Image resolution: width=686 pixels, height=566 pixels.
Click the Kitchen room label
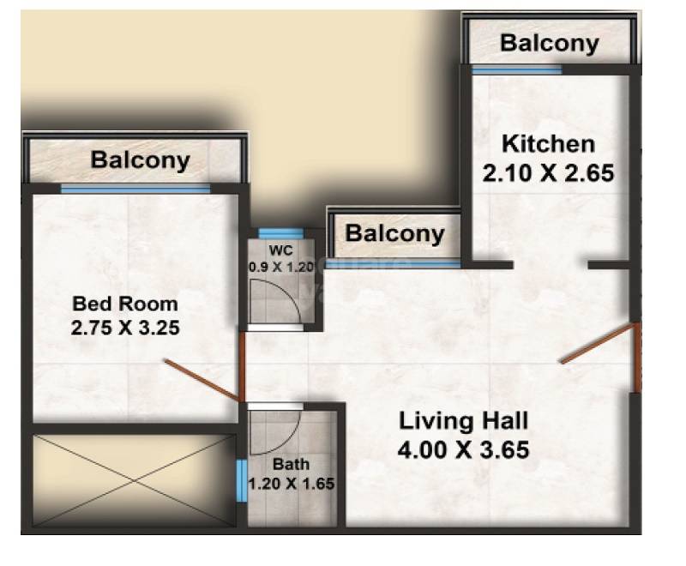coord(548,143)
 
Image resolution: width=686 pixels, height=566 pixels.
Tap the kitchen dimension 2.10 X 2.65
coord(548,174)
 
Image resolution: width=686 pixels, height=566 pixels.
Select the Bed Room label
coord(125,303)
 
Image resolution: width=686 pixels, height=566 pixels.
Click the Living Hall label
coord(463,421)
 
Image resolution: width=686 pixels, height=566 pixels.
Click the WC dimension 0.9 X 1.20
coord(281,267)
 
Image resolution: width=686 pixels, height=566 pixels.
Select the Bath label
coord(291,465)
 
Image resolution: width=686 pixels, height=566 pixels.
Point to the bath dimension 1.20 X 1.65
coord(291,484)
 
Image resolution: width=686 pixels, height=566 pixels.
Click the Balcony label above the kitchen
coord(549,43)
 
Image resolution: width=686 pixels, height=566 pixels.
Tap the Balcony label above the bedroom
coord(141,160)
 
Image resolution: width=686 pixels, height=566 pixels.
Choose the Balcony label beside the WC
coord(395,233)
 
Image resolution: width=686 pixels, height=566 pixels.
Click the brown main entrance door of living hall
coord(598,344)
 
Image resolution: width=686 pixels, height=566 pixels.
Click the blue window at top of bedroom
coord(135,188)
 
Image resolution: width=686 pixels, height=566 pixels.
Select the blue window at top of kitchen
coord(516,69)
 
